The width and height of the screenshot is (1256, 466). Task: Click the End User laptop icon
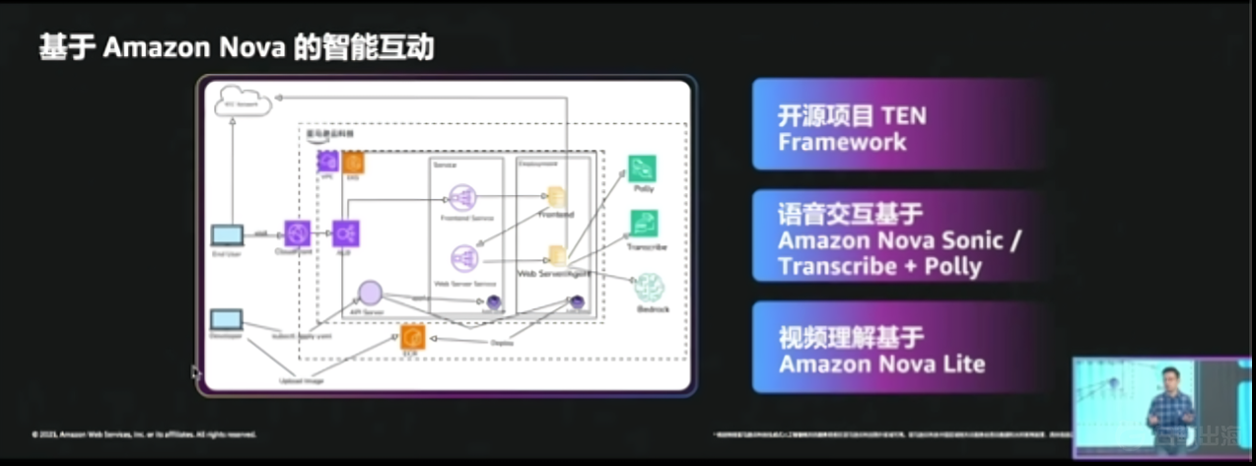pyautogui.click(x=228, y=235)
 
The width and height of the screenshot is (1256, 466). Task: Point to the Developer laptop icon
pyautogui.click(x=227, y=320)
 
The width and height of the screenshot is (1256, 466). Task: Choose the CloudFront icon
pyautogui.click(x=297, y=233)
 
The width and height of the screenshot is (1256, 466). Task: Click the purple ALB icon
pyautogui.click(x=346, y=233)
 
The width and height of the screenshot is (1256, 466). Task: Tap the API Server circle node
pyautogui.click(x=370, y=293)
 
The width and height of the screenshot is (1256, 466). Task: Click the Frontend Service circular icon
pyautogui.click(x=462, y=197)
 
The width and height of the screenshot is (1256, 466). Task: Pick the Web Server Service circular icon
pyautogui.click(x=463, y=258)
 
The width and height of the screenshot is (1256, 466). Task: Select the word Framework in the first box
pyautogui.click(x=841, y=142)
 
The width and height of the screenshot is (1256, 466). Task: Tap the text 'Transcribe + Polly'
pyautogui.click(x=879, y=266)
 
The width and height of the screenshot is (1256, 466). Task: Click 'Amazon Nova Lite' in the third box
pyautogui.click(x=881, y=364)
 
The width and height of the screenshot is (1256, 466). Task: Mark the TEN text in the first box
pyautogui.click(x=904, y=116)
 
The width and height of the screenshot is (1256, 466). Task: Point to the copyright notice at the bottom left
pyautogui.click(x=144, y=433)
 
